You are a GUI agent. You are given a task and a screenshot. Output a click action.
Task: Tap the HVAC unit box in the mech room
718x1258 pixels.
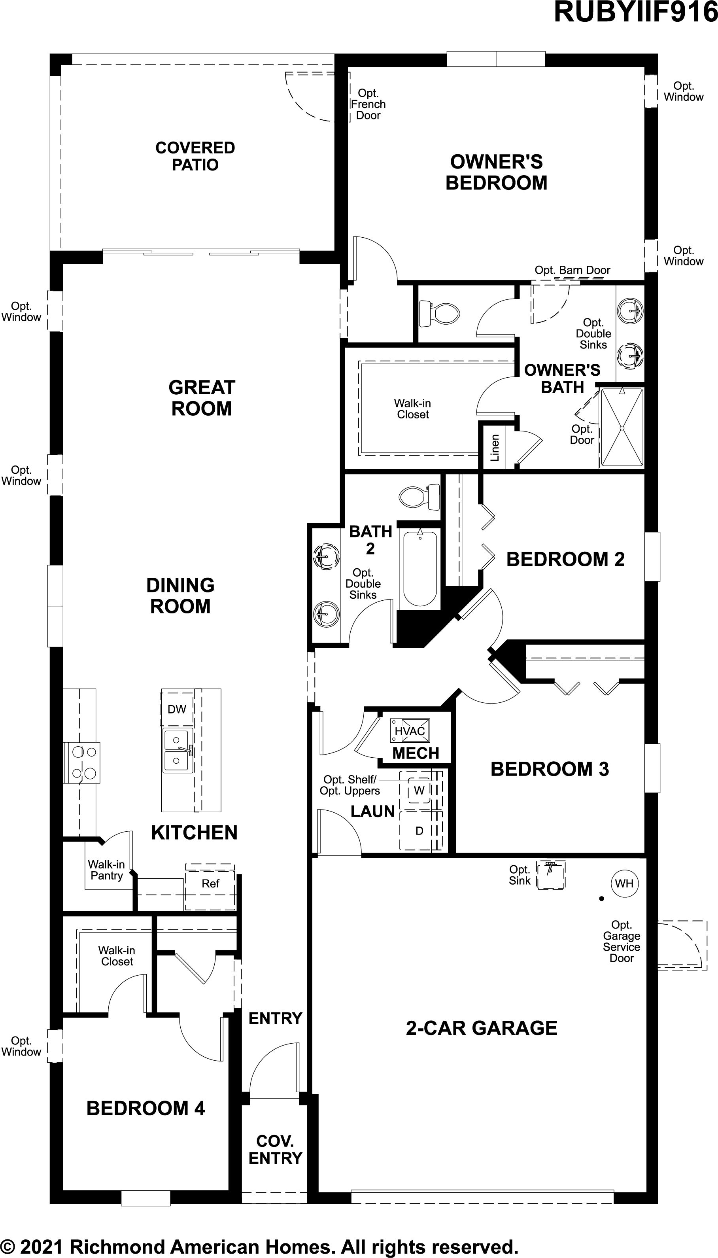(409, 730)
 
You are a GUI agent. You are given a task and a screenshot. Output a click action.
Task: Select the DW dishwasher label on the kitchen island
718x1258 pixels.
(177, 709)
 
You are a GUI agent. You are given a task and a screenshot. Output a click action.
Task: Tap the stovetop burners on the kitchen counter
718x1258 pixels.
(82, 762)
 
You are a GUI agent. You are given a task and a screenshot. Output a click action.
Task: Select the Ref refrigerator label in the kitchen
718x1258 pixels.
(211, 883)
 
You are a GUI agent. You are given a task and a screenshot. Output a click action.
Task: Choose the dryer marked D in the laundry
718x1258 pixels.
(419, 831)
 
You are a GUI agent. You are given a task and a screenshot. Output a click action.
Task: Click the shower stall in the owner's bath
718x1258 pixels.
(622, 428)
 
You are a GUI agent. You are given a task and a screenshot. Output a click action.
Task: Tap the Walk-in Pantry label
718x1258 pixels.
(106, 870)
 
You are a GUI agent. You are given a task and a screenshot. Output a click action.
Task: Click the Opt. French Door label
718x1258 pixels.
(368, 104)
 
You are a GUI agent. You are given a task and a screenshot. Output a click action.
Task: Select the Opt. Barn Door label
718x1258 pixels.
(573, 270)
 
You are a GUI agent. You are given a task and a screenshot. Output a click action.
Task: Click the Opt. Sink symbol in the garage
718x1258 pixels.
(550, 875)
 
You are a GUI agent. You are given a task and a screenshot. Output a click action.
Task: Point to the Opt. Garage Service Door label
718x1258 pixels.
(622, 941)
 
